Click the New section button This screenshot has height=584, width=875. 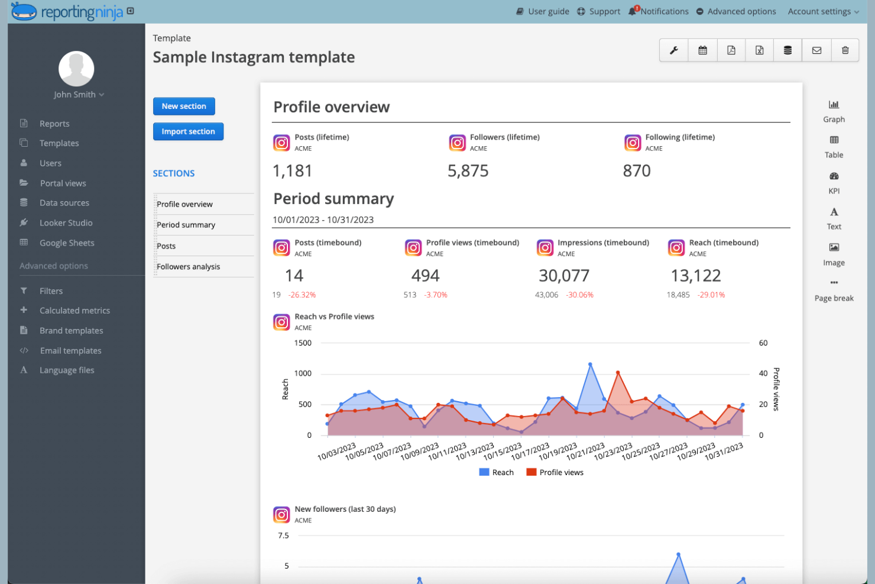point(184,107)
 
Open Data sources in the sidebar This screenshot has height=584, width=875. point(64,203)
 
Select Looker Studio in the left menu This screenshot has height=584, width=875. point(66,223)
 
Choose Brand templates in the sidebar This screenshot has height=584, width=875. point(71,331)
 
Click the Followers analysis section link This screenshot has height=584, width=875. point(188,267)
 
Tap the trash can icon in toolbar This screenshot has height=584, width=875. point(845,50)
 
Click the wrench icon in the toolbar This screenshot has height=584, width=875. point(673,50)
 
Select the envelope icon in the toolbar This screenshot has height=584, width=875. point(816,50)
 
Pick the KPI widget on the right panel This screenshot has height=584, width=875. point(834,182)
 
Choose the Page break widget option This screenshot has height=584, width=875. point(834,291)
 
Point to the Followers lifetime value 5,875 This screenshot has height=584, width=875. point(468,171)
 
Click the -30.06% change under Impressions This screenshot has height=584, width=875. point(579,295)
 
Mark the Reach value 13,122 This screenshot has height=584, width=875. point(695,276)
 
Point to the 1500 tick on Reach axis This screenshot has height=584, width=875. point(303,343)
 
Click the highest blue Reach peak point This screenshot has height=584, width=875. point(590,364)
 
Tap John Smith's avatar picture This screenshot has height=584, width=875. point(76,69)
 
